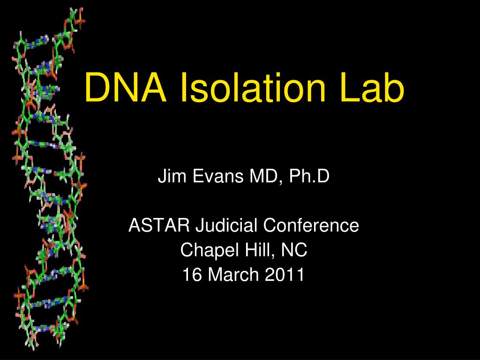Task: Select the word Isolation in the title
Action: pyautogui.click(x=254, y=89)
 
